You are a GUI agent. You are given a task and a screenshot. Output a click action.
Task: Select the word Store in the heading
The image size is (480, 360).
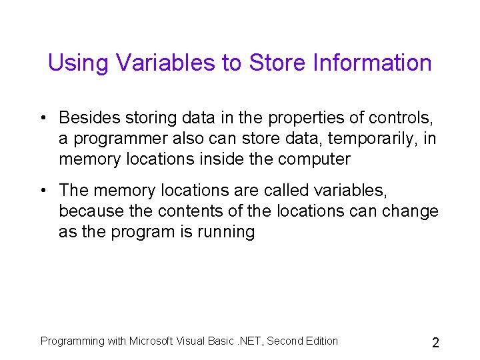click(x=275, y=63)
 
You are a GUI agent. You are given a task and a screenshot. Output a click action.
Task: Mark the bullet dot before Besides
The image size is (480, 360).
click(x=42, y=119)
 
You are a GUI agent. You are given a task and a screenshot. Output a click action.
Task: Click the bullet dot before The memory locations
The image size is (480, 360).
click(x=42, y=191)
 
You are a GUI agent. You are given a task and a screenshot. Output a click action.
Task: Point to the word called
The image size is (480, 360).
click(x=288, y=191)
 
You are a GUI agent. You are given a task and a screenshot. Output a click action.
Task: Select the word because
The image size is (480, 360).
click(x=94, y=211)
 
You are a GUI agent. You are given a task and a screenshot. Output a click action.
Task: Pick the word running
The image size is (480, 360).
click(x=223, y=233)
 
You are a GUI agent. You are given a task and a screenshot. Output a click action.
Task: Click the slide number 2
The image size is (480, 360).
click(x=435, y=343)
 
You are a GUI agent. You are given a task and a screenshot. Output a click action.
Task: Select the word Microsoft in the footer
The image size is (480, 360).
click(x=151, y=341)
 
